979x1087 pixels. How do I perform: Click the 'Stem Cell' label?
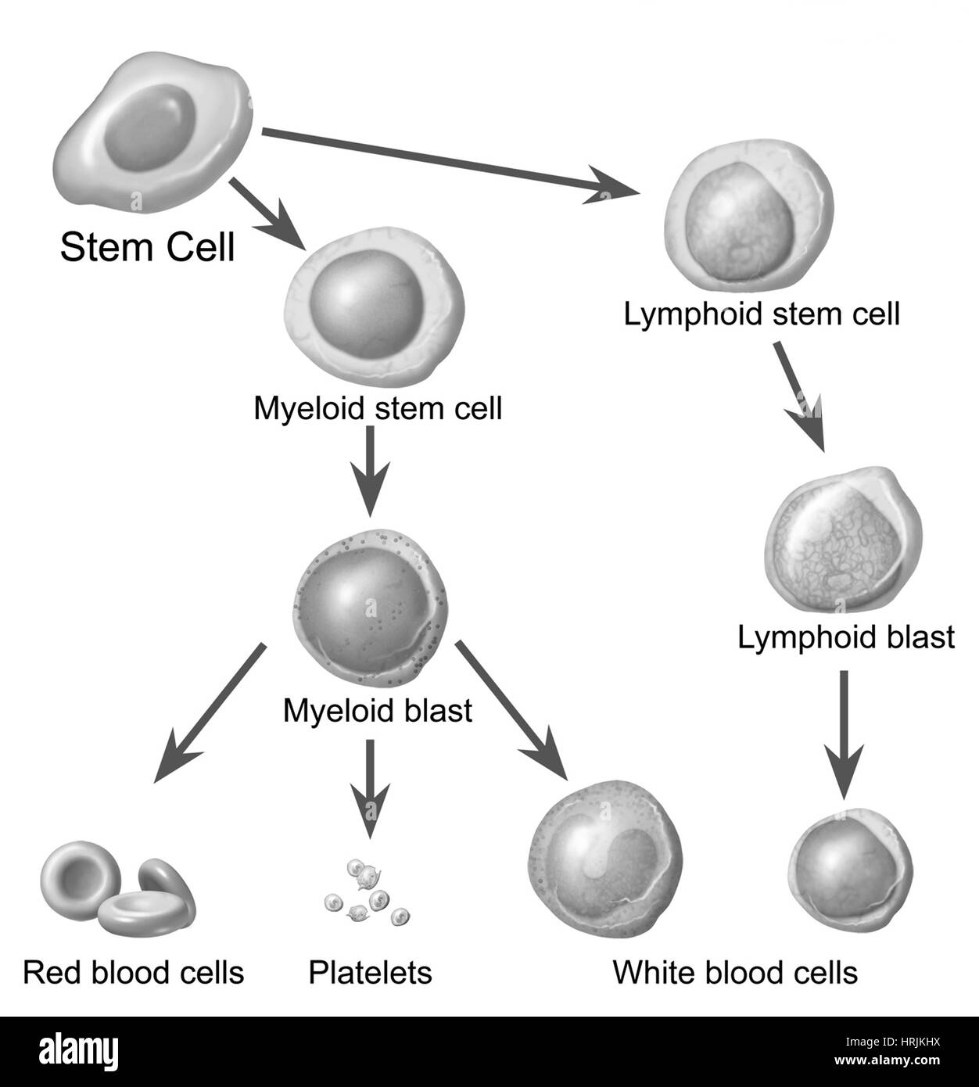click(147, 247)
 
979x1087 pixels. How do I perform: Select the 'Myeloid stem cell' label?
click(378, 408)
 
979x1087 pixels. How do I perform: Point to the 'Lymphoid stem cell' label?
click(762, 314)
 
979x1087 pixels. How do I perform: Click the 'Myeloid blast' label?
click(378, 711)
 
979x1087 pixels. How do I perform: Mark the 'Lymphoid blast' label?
click(846, 637)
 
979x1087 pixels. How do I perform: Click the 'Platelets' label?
click(370, 972)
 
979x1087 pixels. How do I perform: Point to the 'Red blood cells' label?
click(134, 972)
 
